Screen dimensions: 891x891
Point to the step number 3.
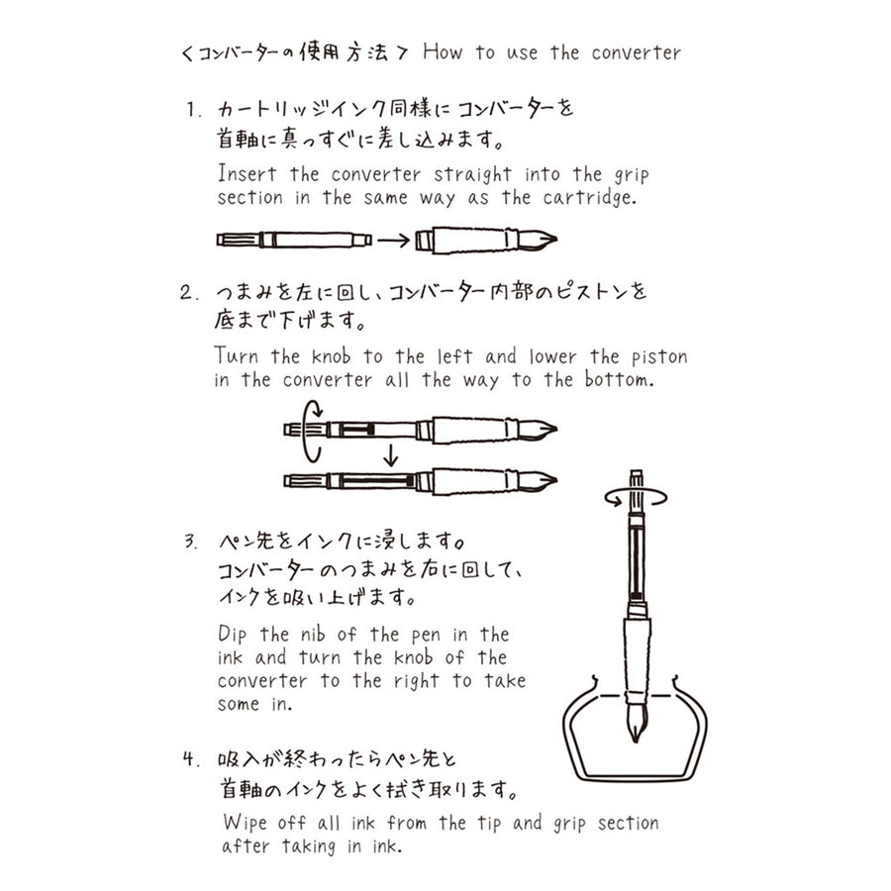coord(191,543)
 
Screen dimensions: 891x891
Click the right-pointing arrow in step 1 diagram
coord(394,239)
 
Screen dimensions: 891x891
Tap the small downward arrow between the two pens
coord(391,454)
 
